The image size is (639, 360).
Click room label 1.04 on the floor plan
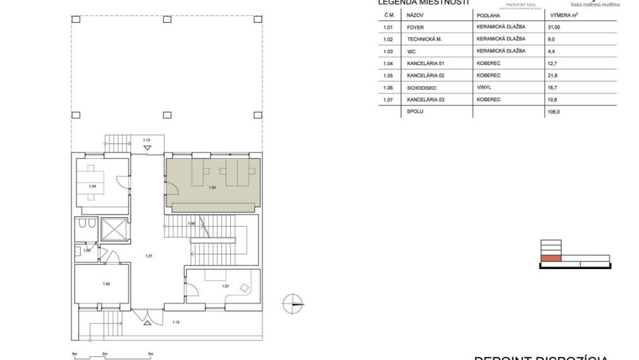click(92, 186)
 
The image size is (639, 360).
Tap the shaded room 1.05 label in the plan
click(212, 188)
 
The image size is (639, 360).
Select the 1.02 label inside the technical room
click(106, 284)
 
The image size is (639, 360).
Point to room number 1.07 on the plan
click(225, 286)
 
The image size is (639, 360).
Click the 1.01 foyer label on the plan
click(149, 256)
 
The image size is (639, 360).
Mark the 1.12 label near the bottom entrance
click(176, 323)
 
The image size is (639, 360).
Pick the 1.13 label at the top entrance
click(146, 140)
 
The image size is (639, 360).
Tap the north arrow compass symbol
click(293, 303)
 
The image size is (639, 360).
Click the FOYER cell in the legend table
click(415, 27)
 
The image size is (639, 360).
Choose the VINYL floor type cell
click(484, 87)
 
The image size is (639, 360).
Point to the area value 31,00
click(554, 27)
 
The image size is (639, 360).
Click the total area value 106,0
click(554, 112)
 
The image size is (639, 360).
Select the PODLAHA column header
click(488, 15)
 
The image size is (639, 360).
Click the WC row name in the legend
click(411, 51)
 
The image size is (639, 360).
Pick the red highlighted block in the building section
click(551, 258)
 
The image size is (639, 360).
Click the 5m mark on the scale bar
click(150, 354)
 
